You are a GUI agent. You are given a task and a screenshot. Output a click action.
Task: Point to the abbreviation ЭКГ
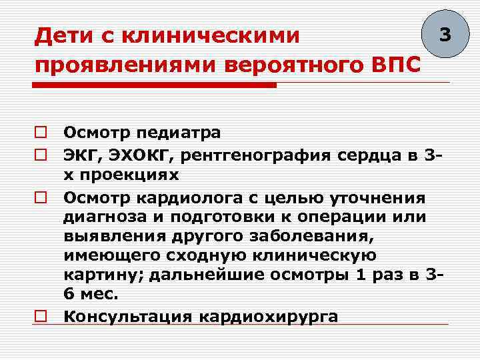[81, 156]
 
